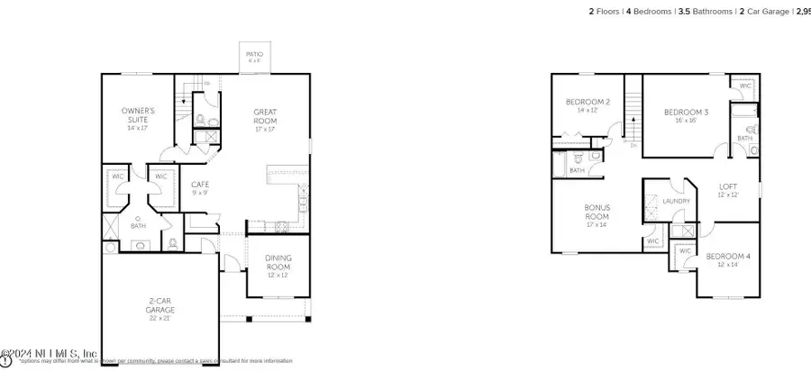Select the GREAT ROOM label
pyautogui.click(x=265, y=116)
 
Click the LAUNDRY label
pyautogui.click(x=676, y=202)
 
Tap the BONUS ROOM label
pyautogui.click(x=597, y=213)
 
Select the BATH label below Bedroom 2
pyautogui.click(x=577, y=170)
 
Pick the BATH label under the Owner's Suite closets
pyautogui.click(x=138, y=226)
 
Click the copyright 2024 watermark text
pyautogui.click(x=50, y=354)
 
